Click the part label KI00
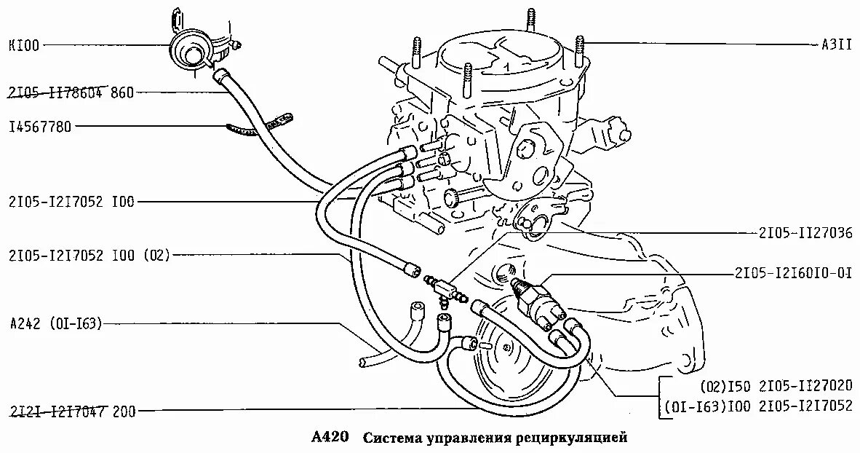click(24, 46)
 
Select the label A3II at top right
click(837, 46)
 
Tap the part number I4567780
click(40, 127)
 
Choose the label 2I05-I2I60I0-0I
click(793, 273)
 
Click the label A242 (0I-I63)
click(56, 323)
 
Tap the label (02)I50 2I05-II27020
click(776, 385)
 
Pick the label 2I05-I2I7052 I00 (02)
click(89, 256)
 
